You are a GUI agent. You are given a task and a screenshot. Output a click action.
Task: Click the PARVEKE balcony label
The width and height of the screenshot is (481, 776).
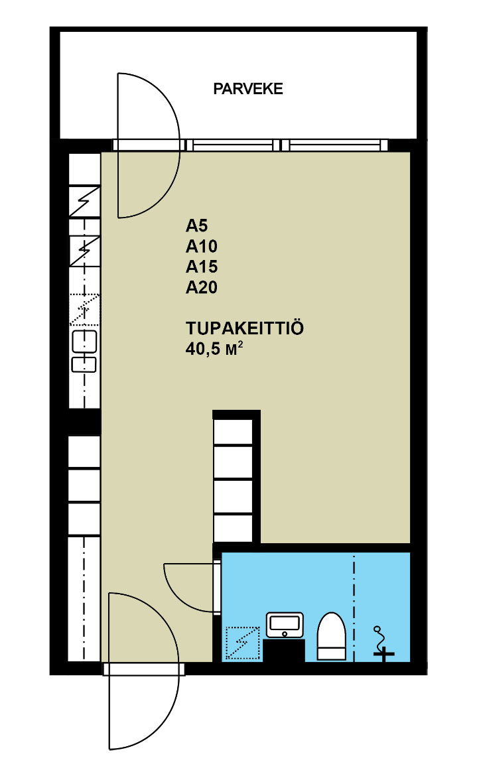(x=248, y=89)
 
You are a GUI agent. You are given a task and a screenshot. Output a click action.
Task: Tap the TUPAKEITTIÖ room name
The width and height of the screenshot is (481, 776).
(x=244, y=328)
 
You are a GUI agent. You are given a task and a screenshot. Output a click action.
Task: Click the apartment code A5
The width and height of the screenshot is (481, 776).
(x=196, y=226)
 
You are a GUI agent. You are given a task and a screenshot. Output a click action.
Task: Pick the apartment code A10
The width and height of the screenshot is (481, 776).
(x=202, y=247)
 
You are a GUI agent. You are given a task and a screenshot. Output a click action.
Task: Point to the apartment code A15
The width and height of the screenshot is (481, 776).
(x=202, y=267)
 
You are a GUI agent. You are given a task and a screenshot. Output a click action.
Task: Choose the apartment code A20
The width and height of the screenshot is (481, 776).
(x=202, y=288)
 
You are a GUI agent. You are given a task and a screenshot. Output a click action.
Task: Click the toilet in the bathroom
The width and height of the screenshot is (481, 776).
(x=331, y=637)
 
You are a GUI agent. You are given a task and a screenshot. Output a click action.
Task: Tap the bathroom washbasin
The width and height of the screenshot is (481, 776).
(x=285, y=625)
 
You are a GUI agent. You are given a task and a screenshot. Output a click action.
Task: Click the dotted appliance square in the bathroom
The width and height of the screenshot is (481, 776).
(x=242, y=643)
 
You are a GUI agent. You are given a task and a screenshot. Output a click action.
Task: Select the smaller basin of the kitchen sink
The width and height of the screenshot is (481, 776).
(x=84, y=364)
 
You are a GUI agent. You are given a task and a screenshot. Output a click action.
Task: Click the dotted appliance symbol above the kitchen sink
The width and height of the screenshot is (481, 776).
(x=85, y=309)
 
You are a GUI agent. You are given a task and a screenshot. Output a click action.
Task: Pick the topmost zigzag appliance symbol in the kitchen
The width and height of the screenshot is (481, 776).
(x=85, y=201)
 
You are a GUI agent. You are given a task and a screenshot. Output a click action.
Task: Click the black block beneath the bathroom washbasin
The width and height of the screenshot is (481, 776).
(x=284, y=650)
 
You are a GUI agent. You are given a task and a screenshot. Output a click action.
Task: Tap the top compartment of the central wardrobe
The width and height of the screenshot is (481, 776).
(x=233, y=430)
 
